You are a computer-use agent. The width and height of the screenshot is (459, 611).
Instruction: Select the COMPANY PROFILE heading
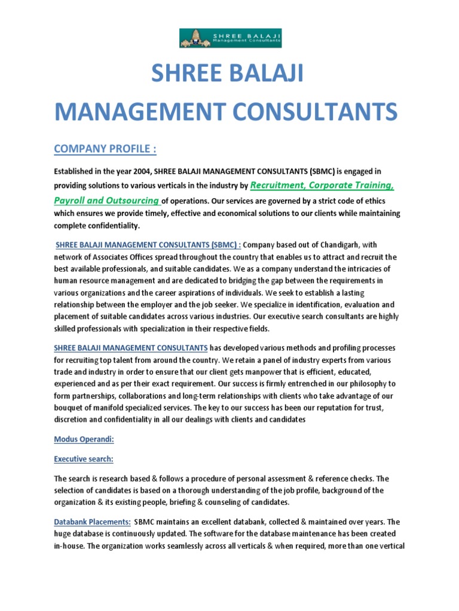pos(106,148)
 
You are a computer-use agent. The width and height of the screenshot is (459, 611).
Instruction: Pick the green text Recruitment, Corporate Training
pos(322,185)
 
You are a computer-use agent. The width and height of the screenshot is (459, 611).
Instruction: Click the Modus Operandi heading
pos(84,439)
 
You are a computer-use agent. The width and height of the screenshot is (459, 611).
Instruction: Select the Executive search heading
pos(84,459)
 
